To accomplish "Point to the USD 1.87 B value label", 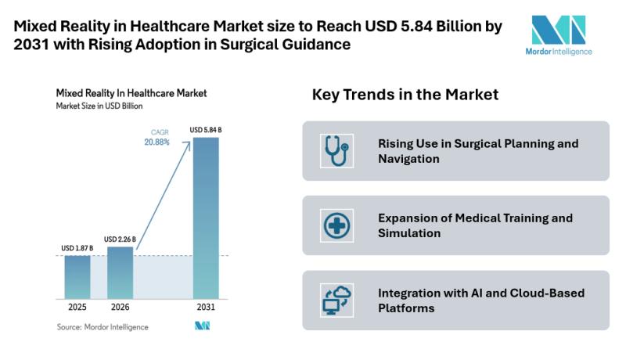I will (77, 248).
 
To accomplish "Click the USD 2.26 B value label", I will (121, 239).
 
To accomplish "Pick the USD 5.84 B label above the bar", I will (206, 129).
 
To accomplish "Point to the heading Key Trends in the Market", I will (405, 95).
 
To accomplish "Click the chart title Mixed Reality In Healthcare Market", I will (131, 92).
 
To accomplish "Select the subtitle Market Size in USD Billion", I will (99, 105).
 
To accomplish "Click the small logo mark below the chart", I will (203, 326).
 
